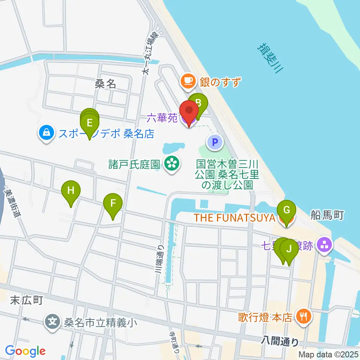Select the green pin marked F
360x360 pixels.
point(113,204)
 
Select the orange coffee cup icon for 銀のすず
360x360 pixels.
point(188,81)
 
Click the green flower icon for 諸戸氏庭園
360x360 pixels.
point(172,164)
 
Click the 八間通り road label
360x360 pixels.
point(280,342)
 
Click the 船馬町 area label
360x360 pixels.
point(327,214)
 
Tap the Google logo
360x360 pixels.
point(25,351)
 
